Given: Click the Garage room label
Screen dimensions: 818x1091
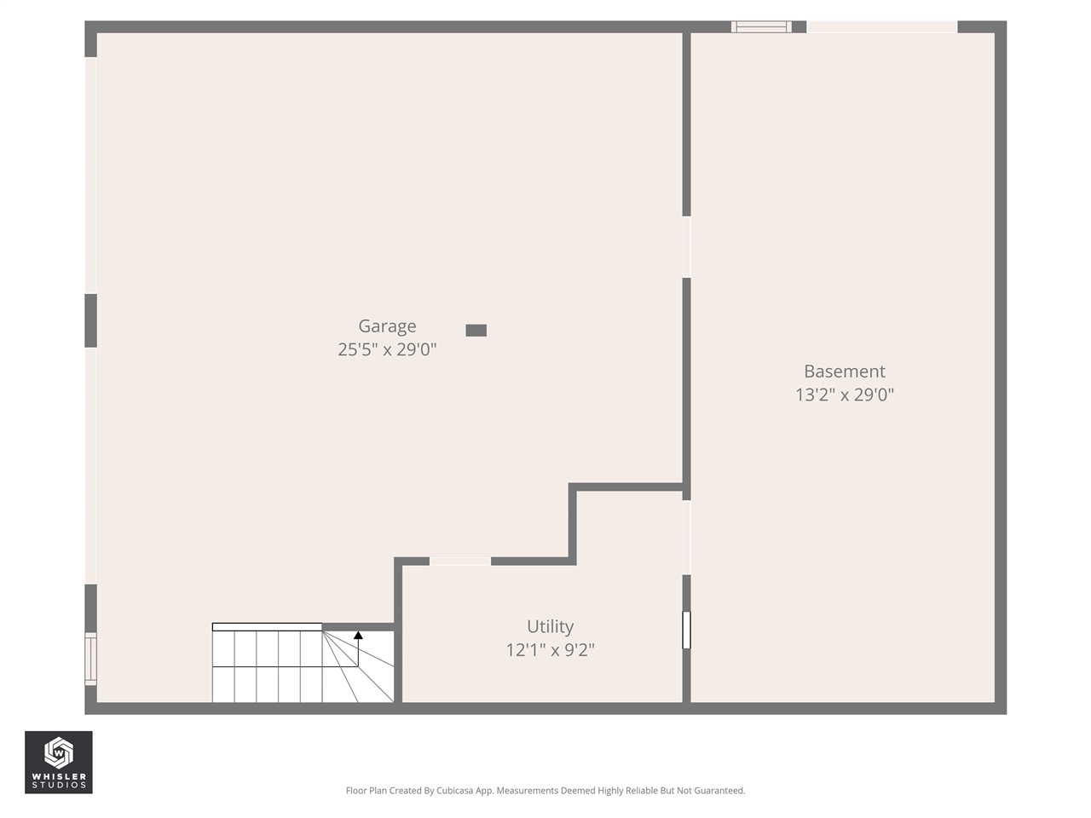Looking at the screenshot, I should tap(387, 326).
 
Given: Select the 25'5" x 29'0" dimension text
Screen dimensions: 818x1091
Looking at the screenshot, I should tap(387, 349).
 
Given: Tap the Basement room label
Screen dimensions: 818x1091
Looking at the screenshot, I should tap(844, 372).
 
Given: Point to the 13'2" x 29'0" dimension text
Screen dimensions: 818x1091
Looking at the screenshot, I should tap(844, 395).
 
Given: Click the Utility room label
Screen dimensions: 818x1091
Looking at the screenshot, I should tap(550, 627).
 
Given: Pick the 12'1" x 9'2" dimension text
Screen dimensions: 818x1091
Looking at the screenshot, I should tap(550, 650).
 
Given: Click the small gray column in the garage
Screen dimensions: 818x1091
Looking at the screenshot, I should tap(476, 331).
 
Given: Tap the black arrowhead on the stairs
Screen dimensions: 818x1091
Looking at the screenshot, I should tap(358, 635).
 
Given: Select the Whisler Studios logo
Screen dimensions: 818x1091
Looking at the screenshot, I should tap(58, 762).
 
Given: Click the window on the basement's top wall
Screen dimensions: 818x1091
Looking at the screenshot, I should tap(761, 27).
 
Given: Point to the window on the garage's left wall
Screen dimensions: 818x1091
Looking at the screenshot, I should tap(90, 659).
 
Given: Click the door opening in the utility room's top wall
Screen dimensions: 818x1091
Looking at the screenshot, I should tap(459, 561).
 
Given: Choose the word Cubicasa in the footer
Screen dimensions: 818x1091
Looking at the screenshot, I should tap(455, 791).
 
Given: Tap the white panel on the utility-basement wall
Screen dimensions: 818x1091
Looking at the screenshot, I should tap(686, 630).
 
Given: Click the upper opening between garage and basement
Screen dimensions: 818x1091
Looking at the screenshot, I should tap(686, 247).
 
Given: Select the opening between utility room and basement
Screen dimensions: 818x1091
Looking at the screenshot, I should tap(686, 537).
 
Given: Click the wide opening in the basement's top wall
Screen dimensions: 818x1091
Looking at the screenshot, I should tap(881, 27).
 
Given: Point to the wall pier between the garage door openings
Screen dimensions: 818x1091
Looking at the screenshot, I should tap(90, 320).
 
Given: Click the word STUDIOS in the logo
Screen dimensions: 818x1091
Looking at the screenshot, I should tap(58, 785).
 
